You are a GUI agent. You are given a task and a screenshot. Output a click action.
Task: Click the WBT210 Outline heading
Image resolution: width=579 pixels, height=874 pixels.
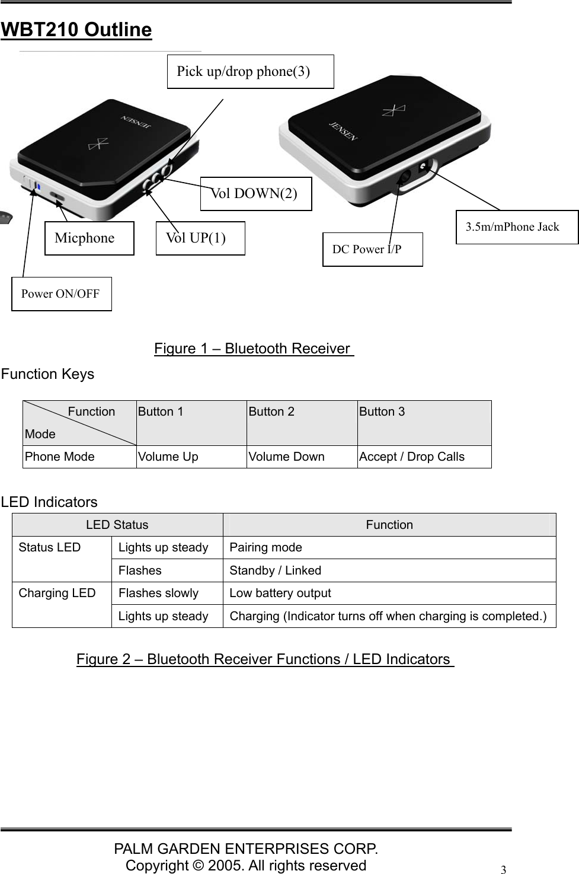tap(76, 30)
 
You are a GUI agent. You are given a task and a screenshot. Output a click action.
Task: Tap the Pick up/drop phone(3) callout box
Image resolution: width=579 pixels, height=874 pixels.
tap(250, 72)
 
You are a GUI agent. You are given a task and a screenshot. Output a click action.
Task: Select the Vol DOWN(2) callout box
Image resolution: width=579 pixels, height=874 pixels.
tap(256, 193)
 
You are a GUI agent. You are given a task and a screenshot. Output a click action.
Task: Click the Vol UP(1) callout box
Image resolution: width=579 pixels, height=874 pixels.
tap(200, 238)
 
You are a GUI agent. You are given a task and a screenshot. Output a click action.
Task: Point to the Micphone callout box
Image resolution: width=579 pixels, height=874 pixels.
tap(89, 238)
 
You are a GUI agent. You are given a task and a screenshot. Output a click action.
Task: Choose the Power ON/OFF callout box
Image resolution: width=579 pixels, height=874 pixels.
tap(62, 294)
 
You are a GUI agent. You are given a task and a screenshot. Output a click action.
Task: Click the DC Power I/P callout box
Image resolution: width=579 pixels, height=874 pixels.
tap(372, 250)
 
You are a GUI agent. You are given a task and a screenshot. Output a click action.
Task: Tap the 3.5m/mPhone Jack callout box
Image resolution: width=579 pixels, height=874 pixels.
tap(516, 227)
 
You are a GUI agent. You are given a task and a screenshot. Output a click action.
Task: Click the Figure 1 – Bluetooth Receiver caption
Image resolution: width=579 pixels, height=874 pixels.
tap(254, 349)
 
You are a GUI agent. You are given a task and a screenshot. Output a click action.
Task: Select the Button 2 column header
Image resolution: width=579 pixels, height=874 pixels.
tap(271, 412)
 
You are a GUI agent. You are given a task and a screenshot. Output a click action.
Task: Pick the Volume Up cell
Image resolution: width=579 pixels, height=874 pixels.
tap(168, 457)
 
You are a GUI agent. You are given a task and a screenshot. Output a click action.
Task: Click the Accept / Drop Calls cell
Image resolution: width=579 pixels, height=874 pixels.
tap(412, 457)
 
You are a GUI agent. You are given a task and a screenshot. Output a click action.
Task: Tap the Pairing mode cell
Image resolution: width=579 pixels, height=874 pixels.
tap(266, 547)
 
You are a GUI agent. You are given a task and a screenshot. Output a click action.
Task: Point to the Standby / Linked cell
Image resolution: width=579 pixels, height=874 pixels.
tap(276, 570)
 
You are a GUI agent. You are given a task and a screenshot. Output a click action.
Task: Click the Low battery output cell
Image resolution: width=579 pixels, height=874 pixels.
tap(280, 593)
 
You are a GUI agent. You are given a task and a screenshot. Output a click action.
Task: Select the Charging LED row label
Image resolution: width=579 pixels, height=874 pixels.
tap(57, 593)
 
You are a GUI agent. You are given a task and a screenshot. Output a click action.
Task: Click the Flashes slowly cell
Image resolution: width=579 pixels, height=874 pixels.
tap(159, 593)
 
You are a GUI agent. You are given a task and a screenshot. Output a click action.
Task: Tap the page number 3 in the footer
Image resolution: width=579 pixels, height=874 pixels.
tap(503, 870)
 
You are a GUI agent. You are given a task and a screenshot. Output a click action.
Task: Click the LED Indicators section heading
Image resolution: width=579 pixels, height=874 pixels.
tap(49, 502)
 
